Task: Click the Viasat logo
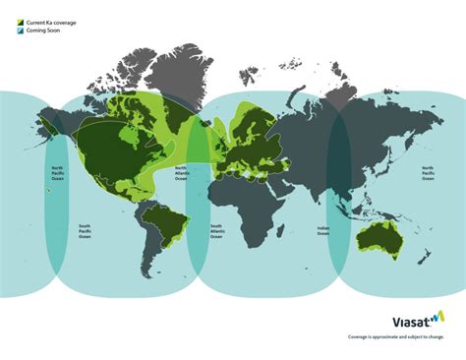(x=412, y=319)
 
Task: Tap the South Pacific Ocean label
(x=86, y=231)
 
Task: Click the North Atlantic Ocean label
(x=181, y=174)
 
